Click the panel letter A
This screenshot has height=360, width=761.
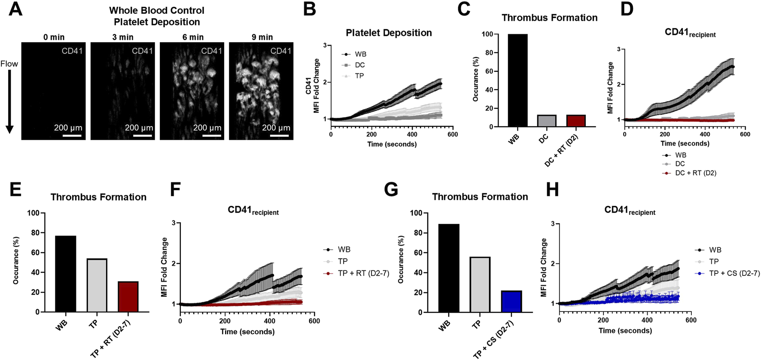pos(15,9)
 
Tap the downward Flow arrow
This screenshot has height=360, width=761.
pos(9,101)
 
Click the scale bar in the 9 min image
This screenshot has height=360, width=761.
pos(280,136)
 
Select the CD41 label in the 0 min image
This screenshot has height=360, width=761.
pos(72,51)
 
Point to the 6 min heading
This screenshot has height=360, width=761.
pos(193,37)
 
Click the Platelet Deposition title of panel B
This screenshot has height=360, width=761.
pos(389,33)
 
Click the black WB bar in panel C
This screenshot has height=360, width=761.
pos(517,80)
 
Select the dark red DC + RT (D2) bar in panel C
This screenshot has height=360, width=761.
pos(576,121)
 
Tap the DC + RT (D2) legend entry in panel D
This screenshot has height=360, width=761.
pos(695,173)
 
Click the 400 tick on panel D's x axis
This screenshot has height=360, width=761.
pos(705,134)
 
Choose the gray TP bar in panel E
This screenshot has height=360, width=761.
pos(97,285)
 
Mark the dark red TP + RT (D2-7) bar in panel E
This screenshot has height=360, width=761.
pos(128,296)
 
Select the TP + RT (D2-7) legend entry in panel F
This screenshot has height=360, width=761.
pos(363,273)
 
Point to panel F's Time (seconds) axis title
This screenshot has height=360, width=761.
pos(247,331)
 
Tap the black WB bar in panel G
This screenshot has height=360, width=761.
pos(449,268)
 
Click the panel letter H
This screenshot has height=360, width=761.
pos(552,189)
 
